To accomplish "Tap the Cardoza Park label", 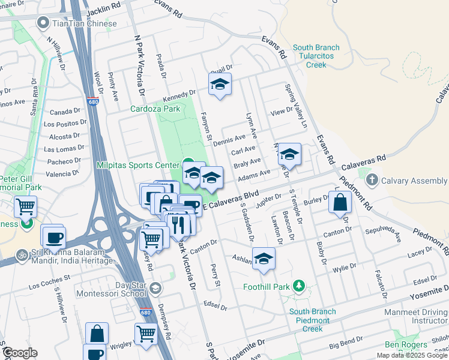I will coord(155,109).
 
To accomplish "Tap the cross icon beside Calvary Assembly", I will coord(372,180).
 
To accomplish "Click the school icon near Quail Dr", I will coord(220,85).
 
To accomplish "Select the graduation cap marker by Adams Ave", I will coord(211,178).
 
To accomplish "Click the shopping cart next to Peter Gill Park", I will coord(25,207).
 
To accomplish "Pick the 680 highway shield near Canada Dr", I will coord(92,101).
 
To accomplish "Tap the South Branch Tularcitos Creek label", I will coord(316,56).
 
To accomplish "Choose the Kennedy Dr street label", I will coord(179,95).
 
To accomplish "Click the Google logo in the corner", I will coord(19,353).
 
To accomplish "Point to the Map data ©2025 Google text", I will coord(412,355).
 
